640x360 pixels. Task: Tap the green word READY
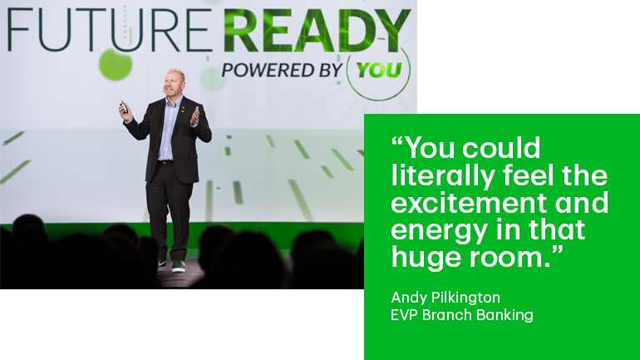click(317, 30)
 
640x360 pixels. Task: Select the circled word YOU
click(379, 70)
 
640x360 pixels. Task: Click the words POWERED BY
click(282, 70)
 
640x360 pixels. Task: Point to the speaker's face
click(173, 85)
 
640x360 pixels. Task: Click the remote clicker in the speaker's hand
click(124, 107)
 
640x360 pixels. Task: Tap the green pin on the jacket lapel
click(183, 109)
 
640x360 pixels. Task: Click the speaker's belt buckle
click(165, 162)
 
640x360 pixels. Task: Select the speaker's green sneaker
click(179, 266)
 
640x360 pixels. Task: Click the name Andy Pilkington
click(446, 298)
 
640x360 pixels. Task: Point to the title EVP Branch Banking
click(462, 315)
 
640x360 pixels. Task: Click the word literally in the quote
click(443, 176)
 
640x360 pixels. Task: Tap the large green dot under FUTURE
click(116, 65)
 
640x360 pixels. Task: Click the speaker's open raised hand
click(195, 116)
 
